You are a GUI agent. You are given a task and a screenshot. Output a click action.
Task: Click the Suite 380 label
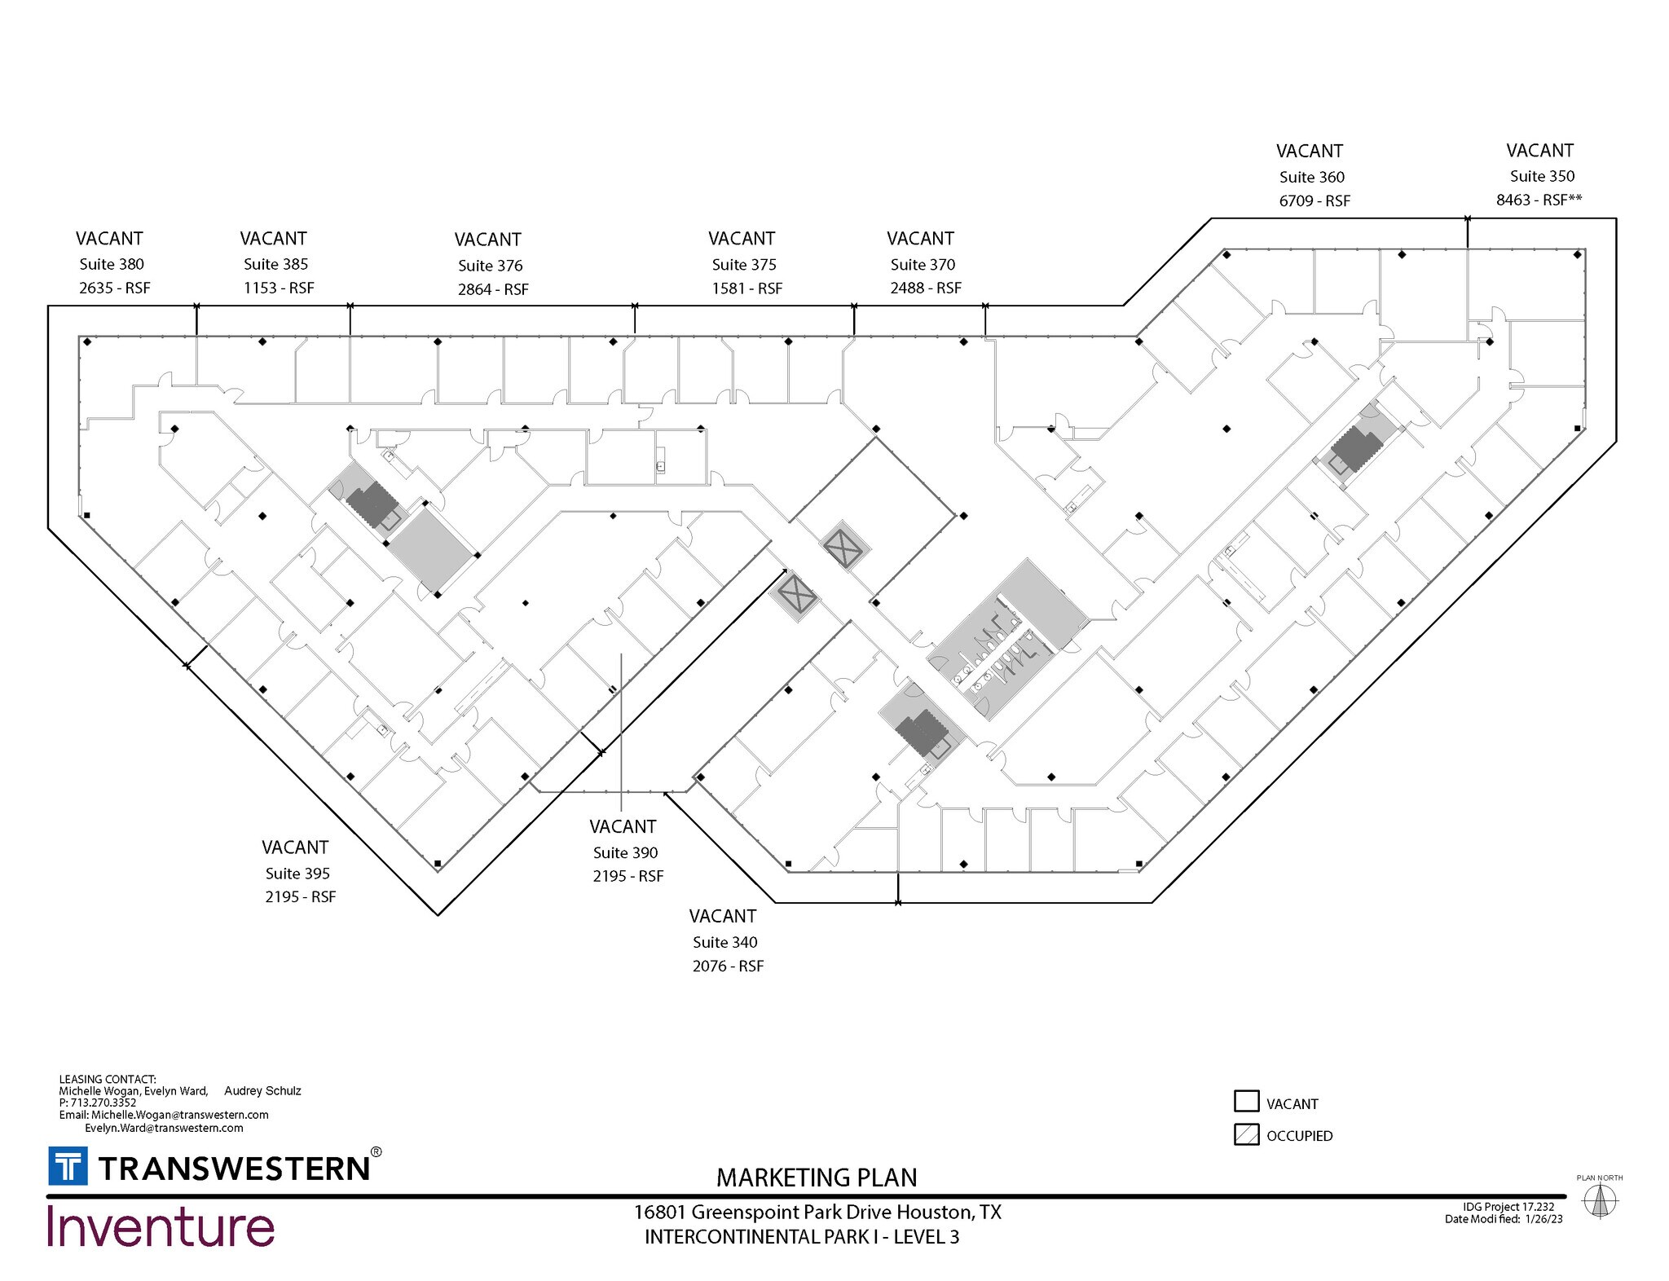[112, 264]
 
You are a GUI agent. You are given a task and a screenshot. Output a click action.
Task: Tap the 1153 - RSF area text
[279, 288]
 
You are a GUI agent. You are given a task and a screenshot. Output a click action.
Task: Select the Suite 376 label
[490, 266]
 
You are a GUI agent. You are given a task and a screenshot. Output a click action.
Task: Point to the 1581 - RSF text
[746, 288]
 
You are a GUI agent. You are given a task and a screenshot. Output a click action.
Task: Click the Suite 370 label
[923, 265]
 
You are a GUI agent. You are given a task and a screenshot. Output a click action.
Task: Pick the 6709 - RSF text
[1314, 200]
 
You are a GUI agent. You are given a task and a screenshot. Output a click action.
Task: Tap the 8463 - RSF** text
[1539, 200]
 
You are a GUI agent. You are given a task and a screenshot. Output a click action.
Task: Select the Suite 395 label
[297, 874]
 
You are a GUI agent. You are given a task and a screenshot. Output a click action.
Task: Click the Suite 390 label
[625, 852]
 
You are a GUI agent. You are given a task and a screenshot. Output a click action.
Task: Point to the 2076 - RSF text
[728, 966]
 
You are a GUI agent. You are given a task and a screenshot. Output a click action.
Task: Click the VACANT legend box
[1246, 1102]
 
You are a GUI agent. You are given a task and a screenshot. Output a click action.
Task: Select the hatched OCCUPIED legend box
[1246, 1134]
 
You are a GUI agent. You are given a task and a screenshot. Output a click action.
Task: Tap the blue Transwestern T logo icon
[68, 1166]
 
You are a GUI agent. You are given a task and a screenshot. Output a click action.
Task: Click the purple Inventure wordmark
[161, 1226]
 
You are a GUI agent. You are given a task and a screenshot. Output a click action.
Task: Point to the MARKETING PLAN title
[817, 1178]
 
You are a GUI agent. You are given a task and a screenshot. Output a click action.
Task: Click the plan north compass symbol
[1599, 1200]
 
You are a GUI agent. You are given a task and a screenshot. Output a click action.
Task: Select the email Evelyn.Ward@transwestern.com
[164, 1128]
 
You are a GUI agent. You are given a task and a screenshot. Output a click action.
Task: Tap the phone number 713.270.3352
[103, 1103]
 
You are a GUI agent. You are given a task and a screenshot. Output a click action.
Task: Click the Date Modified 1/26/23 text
[1504, 1219]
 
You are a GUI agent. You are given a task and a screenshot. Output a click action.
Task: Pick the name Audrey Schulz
[262, 1090]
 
